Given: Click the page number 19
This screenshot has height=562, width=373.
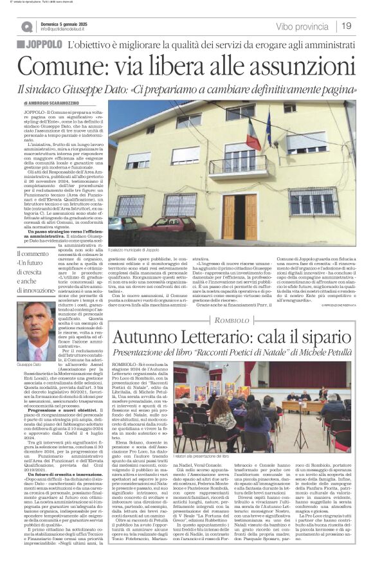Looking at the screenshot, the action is pyautogui.click(x=346, y=26).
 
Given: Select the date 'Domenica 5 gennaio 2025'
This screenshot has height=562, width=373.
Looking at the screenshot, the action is pyautogui.click(x=65, y=23).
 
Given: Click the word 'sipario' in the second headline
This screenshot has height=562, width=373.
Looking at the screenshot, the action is pyautogui.click(x=322, y=337).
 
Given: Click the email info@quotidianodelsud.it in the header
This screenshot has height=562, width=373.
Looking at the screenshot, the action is pyautogui.click(x=65, y=30).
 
